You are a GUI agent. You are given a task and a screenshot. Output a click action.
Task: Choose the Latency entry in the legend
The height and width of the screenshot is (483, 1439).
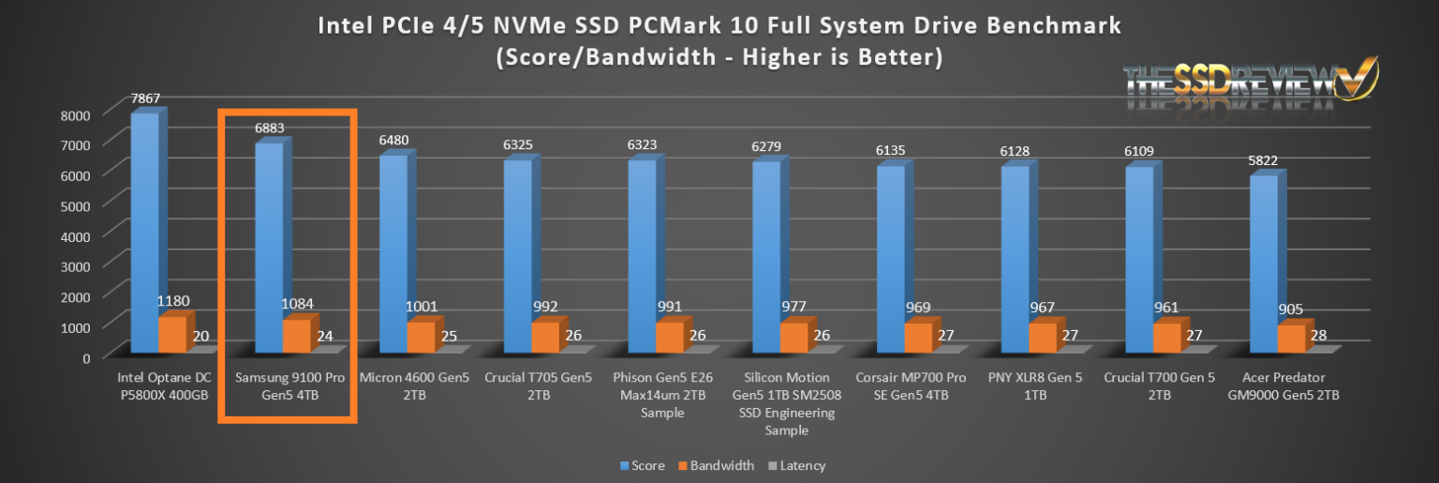(795, 465)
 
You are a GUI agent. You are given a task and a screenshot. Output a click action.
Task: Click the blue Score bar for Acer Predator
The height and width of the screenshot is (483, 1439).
(1264, 263)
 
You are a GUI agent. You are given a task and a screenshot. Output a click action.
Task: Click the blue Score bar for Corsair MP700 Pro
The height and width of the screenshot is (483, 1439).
(891, 253)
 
